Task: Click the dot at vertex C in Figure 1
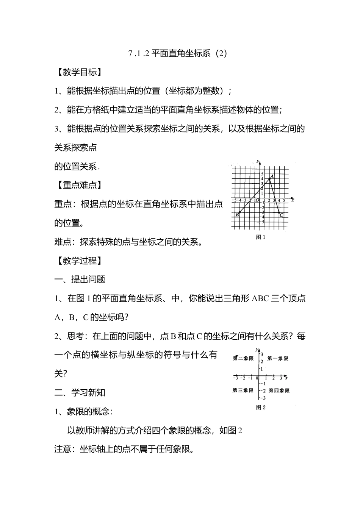(279, 214)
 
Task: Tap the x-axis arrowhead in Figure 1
(291, 198)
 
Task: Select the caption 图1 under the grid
(261, 237)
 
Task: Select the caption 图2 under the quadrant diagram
(261, 408)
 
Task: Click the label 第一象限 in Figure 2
(278, 358)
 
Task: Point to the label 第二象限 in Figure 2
(243, 358)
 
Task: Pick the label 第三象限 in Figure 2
(243, 390)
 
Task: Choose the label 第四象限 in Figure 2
(279, 390)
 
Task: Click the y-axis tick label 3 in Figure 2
(261, 354)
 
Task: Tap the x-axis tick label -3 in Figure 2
(236, 378)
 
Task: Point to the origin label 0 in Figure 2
(257, 378)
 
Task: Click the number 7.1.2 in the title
(139, 53)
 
